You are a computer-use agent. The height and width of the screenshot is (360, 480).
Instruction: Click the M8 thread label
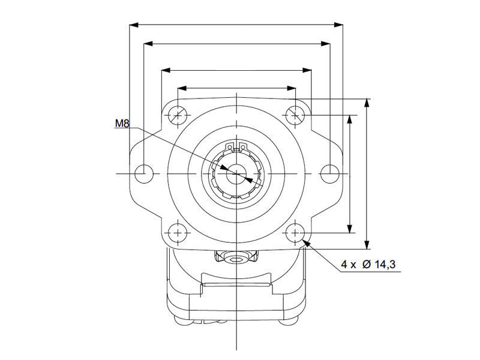click(122, 124)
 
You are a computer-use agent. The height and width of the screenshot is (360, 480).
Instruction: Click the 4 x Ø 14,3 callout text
click(368, 264)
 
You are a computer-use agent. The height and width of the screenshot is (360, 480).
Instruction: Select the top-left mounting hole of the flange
click(178, 115)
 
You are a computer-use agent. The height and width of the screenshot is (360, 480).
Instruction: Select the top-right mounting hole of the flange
click(295, 115)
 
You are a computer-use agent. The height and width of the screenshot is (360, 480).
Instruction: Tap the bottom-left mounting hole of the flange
click(178, 233)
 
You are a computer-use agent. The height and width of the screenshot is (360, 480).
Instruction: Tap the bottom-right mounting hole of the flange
click(295, 233)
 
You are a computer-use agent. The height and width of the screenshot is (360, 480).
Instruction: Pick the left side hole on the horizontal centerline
click(144, 174)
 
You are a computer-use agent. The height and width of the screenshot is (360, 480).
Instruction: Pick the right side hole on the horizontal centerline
click(329, 174)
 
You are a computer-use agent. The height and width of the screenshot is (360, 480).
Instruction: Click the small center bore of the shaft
click(236, 174)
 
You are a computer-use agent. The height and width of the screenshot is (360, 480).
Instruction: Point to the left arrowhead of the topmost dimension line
click(134, 25)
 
